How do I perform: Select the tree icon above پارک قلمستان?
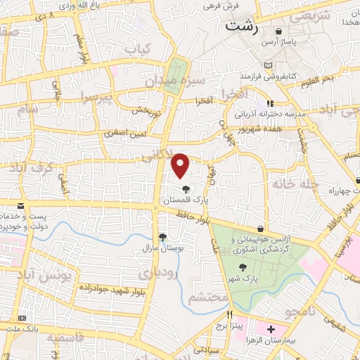click(186, 189)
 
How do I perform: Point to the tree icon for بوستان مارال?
click(163, 237)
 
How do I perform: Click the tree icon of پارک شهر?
click(243, 266)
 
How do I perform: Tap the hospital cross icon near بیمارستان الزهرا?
click(271, 329)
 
